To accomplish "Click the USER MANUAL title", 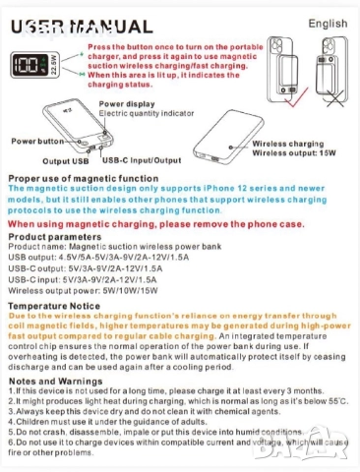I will click(74, 29).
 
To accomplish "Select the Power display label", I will click(126, 103).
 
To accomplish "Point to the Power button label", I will click(34, 142).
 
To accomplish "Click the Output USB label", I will click(65, 159).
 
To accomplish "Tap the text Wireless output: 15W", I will click(300, 153).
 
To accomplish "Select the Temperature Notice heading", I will click(56, 306).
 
